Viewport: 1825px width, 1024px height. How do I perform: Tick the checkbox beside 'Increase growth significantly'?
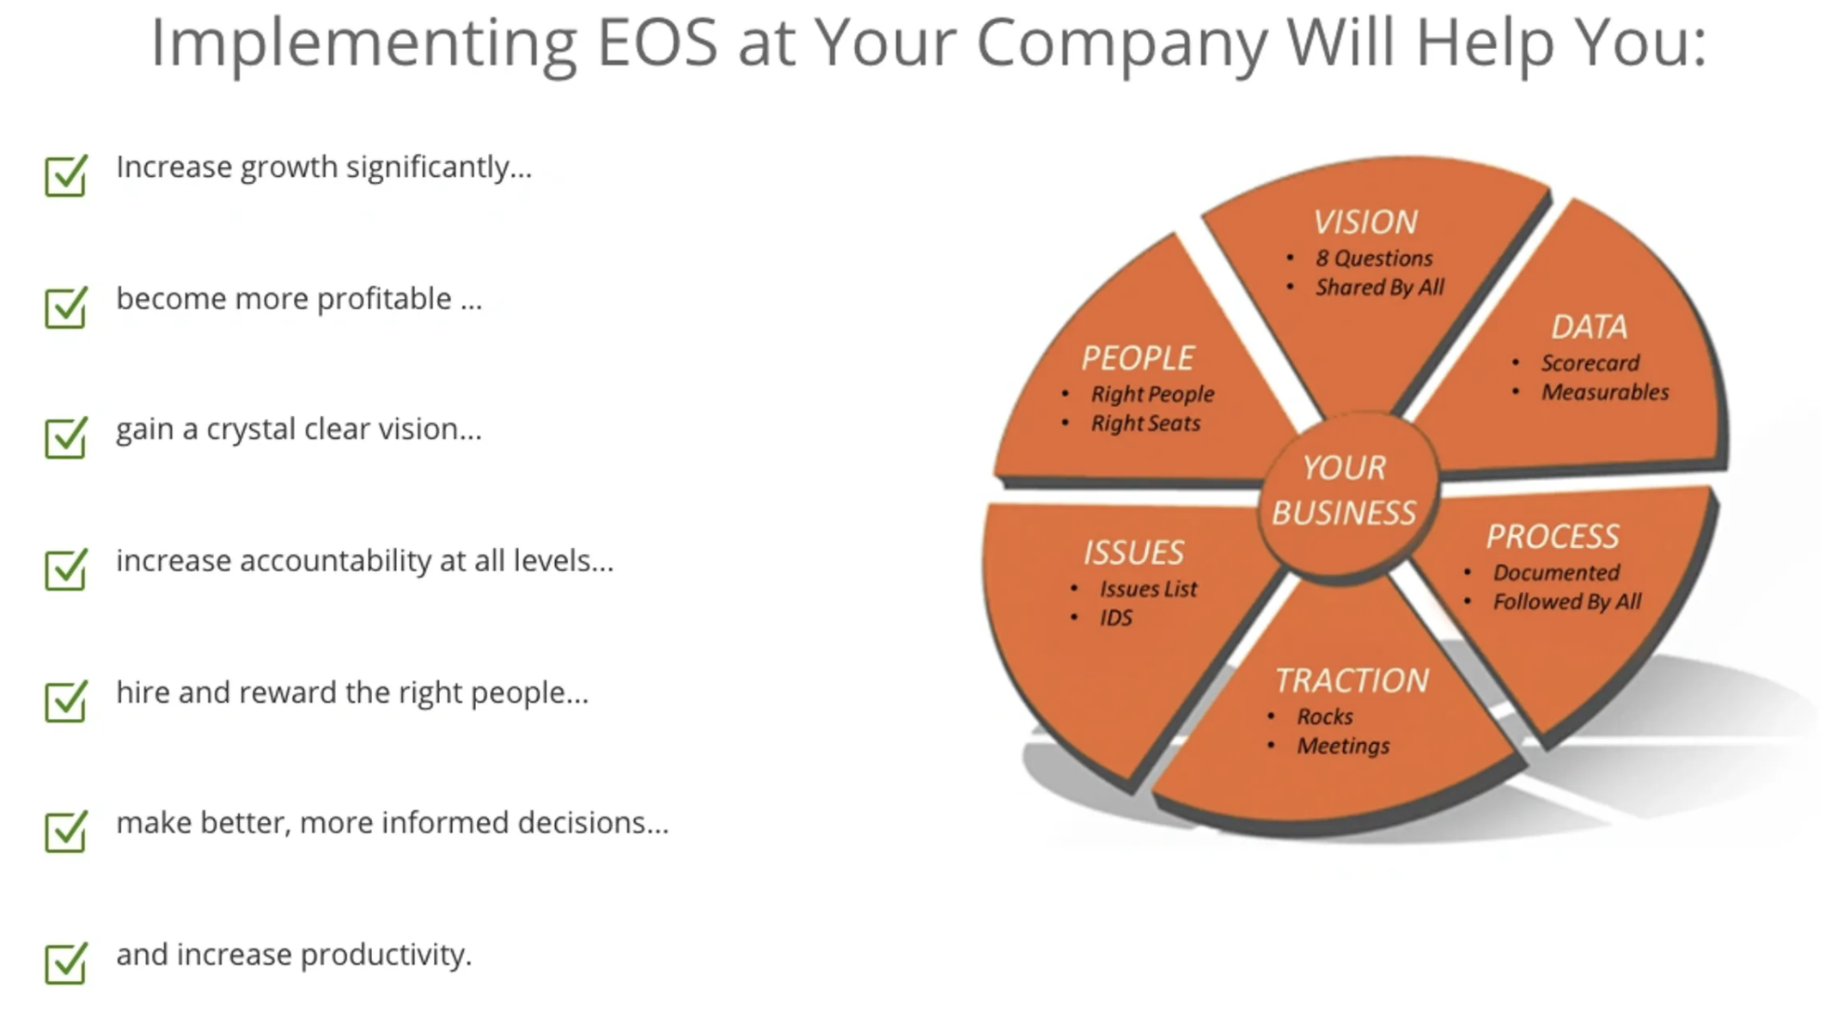(x=66, y=175)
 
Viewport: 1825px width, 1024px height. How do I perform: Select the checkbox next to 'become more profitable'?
(x=66, y=307)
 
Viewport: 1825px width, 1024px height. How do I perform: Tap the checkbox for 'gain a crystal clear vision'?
(x=66, y=437)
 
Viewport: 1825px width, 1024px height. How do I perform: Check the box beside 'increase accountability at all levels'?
(x=66, y=569)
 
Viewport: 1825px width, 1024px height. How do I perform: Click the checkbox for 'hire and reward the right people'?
(x=66, y=700)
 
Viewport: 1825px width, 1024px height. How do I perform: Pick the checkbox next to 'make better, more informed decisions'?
(x=66, y=831)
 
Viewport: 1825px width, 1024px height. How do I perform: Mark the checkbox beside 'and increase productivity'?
(x=66, y=962)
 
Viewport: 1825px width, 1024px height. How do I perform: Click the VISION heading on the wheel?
(x=1365, y=222)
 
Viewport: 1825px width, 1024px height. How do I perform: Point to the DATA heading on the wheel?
(x=1589, y=327)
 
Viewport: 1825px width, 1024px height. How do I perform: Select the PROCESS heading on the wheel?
(x=1553, y=537)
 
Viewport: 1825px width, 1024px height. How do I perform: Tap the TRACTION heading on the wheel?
(x=1352, y=680)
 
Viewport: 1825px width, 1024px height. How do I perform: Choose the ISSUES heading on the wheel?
(x=1133, y=552)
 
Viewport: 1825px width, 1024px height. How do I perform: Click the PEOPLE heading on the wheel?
(x=1138, y=358)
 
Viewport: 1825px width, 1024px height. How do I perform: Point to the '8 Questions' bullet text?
(x=1374, y=259)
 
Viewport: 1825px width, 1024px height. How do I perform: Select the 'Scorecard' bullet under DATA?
(x=1590, y=363)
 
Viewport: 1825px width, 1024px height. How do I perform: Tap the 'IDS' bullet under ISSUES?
(x=1116, y=618)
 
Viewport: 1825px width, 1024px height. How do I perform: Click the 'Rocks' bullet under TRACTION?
(x=1325, y=716)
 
